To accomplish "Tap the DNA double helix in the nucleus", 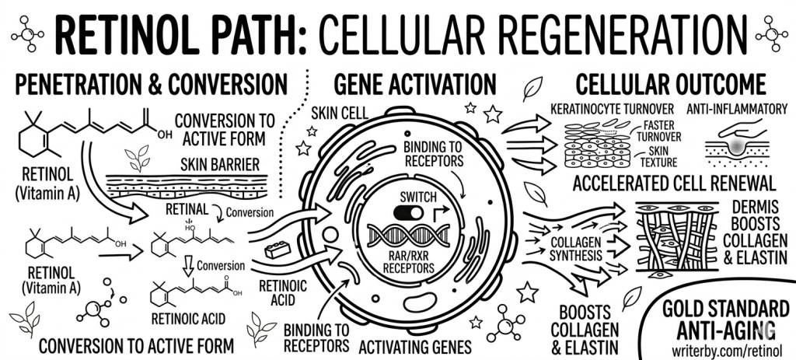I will click(405, 236).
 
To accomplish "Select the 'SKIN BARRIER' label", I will click(222, 166).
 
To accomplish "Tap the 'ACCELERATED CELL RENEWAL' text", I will click(673, 184).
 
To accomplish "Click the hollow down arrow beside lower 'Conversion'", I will click(187, 267).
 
